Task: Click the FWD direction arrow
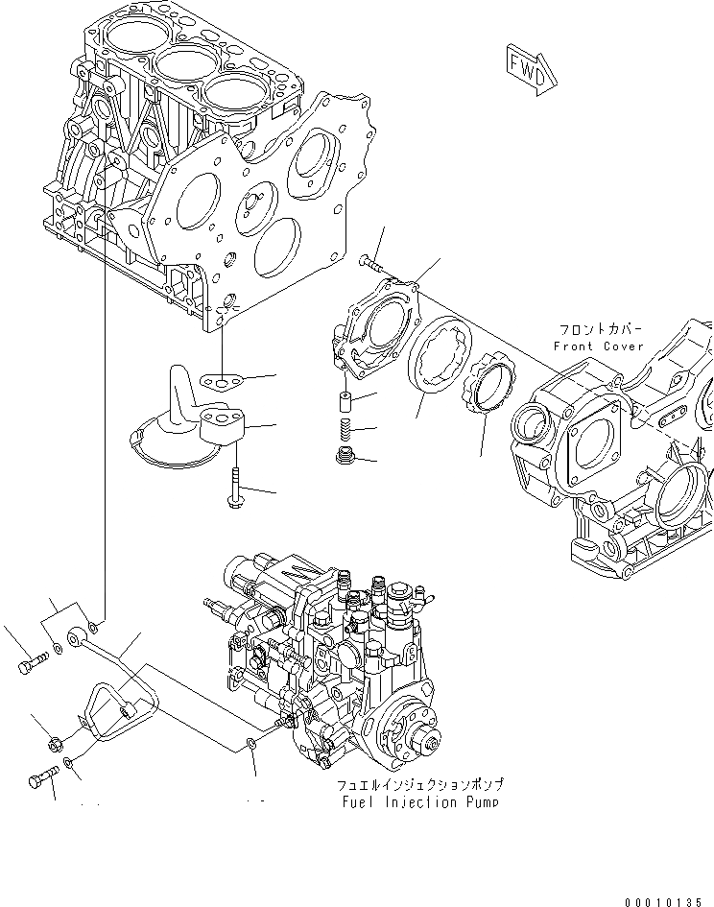529,69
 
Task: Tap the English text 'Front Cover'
599,346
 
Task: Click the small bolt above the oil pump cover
373,260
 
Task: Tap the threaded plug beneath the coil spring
345,454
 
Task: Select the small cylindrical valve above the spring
345,402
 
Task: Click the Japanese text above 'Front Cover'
599,327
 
